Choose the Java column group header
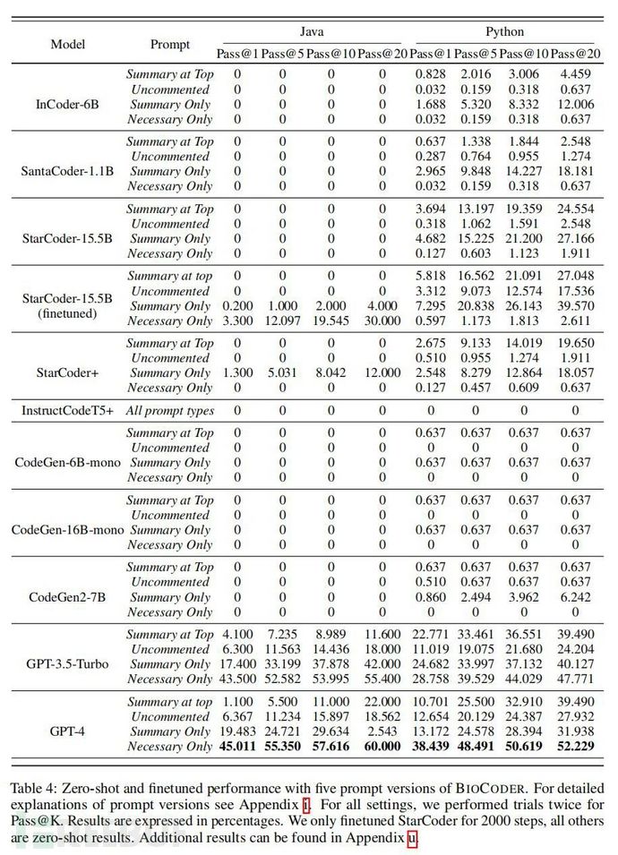click(x=308, y=32)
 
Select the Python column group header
click(x=504, y=32)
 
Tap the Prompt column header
click(x=169, y=44)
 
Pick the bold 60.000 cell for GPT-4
click(x=382, y=747)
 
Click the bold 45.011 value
click(x=237, y=747)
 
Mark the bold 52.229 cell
click(x=575, y=747)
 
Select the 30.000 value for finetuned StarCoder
click(x=382, y=321)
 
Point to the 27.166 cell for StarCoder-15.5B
click(x=575, y=239)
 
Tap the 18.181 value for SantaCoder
click(x=575, y=172)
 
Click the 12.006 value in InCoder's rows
click(x=575, y=105)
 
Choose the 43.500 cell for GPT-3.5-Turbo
click(x=237, y=680)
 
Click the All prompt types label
click(x=169, y=411)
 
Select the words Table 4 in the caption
click(x=32, y=789)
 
